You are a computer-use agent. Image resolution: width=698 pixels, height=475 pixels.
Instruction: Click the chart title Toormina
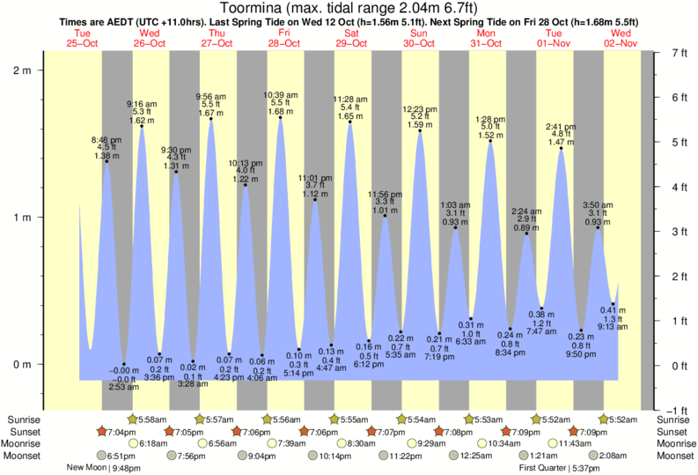click(x=349, y=8)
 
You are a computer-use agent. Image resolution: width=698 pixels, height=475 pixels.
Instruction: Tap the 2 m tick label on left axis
click(x=21, y=71)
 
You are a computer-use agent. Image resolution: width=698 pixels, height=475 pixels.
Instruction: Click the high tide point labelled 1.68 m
click(x=281, y=118)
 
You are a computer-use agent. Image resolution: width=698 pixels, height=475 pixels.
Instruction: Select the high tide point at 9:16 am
click(x=142, y=126)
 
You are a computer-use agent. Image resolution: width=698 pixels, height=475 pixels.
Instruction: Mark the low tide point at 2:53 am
click(x=123, y=364)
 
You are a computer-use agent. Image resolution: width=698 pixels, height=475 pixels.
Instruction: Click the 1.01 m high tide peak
click(x=384, y=216)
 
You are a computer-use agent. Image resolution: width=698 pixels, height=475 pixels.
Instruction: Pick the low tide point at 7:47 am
click(x=541, y=308)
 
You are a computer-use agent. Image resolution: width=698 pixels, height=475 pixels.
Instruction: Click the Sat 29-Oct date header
click(x=350, y=38)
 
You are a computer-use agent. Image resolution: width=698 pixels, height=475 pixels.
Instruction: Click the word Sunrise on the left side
click(x=21, y=419)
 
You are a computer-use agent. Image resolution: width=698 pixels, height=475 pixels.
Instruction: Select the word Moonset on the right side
click(x=676, y=456)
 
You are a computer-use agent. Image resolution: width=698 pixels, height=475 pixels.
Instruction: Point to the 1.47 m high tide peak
click(x=562, y=148)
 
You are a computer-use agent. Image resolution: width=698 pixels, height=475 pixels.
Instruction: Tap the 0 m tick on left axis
click(x=21, y=364)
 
